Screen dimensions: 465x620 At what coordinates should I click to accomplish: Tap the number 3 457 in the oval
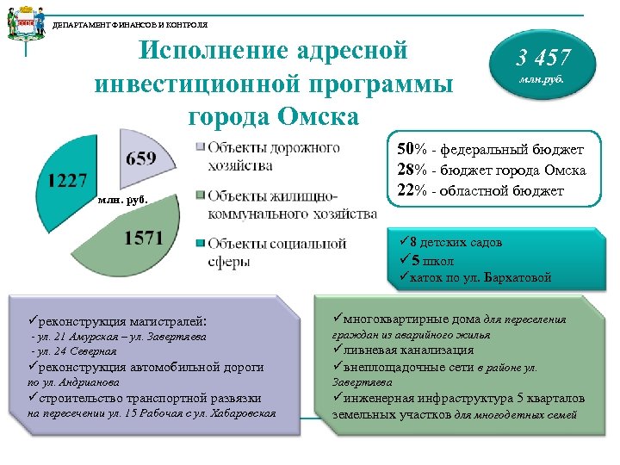542,59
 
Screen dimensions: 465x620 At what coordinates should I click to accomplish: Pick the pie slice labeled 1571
142,237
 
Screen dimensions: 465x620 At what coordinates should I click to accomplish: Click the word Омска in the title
311,115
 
